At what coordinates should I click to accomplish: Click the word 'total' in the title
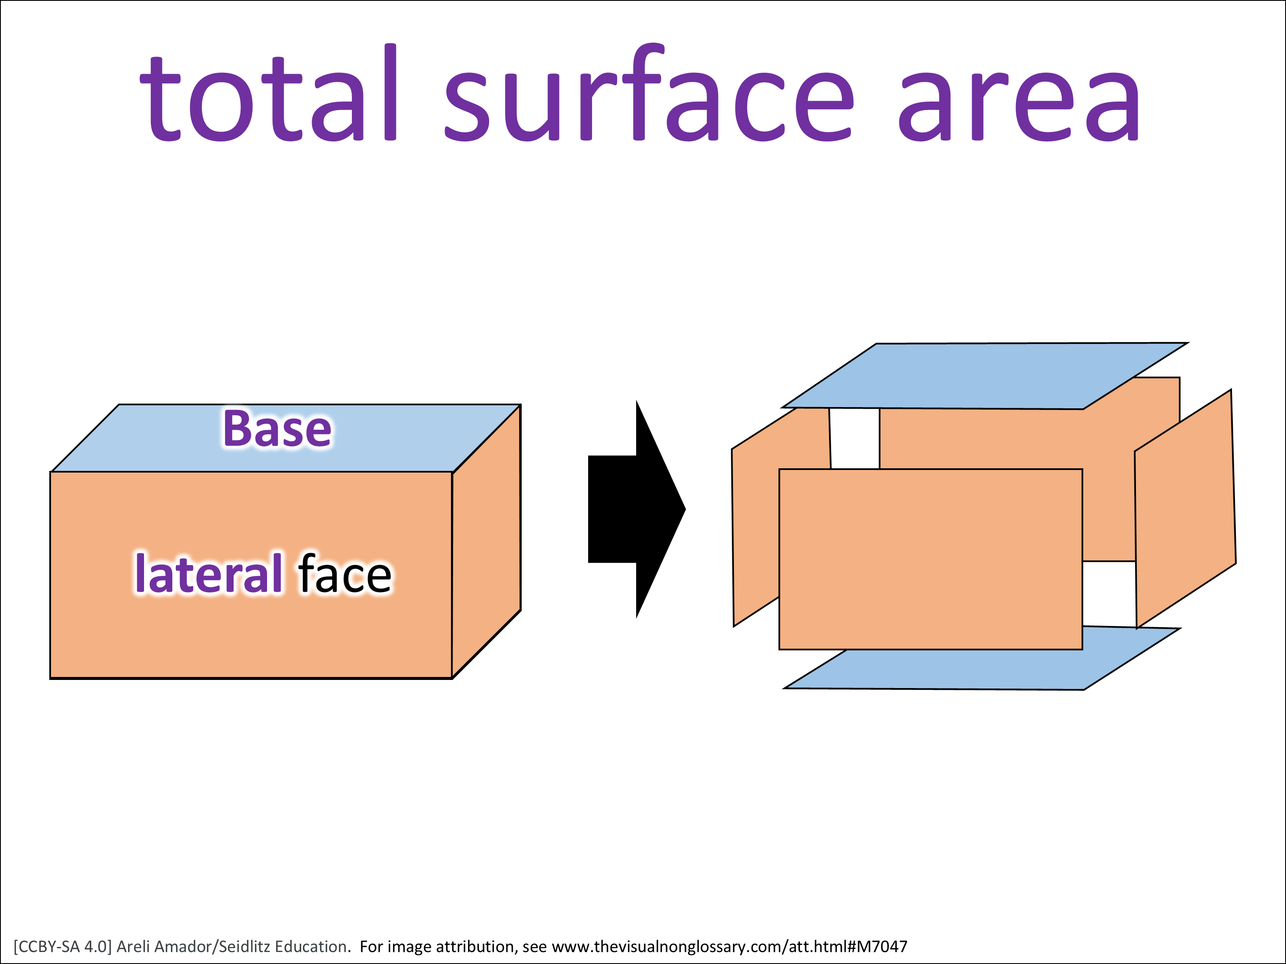point(269,93)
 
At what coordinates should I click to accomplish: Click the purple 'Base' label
point(277,429)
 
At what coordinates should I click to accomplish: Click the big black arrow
point(637,509)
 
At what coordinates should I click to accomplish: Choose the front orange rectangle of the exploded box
point(930,559)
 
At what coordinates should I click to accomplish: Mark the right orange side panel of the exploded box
point(1185,509)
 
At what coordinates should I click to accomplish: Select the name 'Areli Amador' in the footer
point(165,946)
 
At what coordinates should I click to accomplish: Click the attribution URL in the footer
point(729,946)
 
